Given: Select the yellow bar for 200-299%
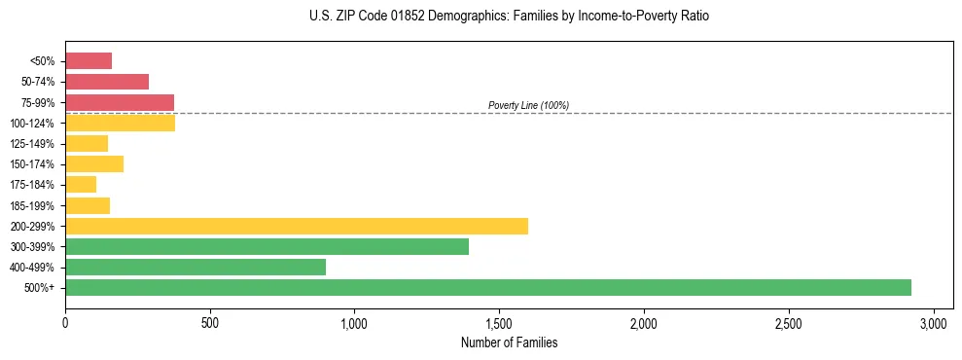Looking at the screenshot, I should [x=297, y=226].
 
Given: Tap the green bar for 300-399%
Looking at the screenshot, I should [x=267, y=246].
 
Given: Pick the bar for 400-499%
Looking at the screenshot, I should [x=196, y=267].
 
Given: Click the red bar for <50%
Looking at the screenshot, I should [x=89, y=61].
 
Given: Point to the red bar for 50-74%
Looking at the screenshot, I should [x=107, y=82].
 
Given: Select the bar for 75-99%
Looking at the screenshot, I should [x=120, y=102].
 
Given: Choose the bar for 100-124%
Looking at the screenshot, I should [x=120, y=123].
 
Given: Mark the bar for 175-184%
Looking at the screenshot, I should [x=81, y=184].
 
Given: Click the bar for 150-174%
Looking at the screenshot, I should [x=94, y=163].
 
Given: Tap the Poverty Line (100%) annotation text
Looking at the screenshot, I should [x=528, y=105].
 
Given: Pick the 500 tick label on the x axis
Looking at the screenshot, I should [x=210, y=322].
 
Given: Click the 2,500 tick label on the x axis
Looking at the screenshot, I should [x=789, y=322].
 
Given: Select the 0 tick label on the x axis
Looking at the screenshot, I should [x=65, y=322].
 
